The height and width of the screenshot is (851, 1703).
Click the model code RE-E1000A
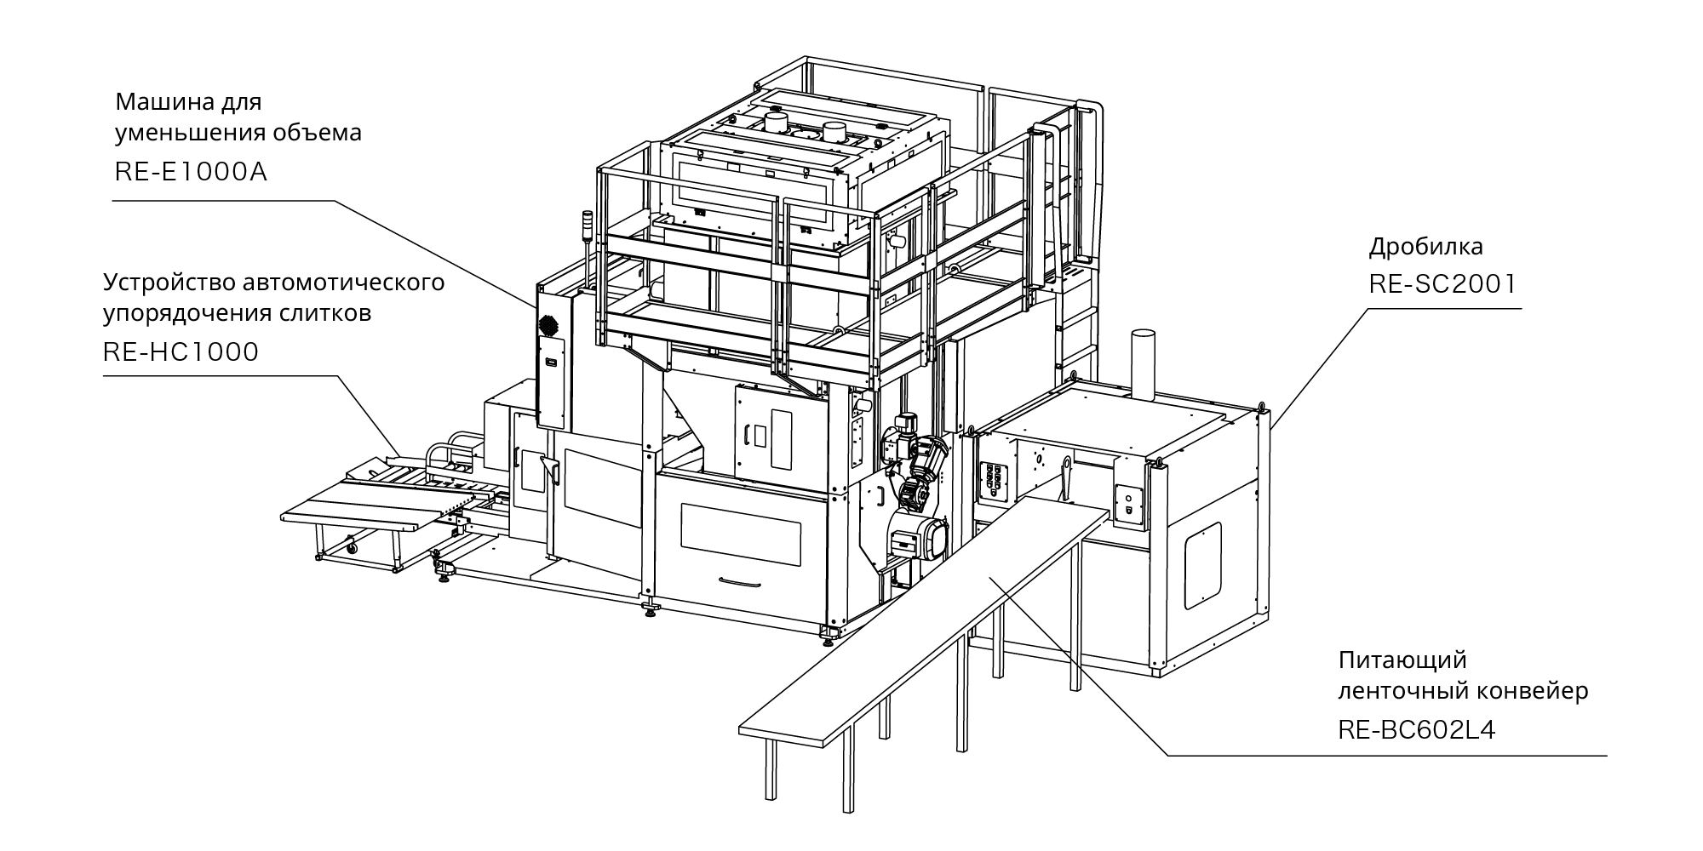(191, 173)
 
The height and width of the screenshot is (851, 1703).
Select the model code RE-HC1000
(181, 352)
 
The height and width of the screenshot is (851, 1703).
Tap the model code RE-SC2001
(1442, 284)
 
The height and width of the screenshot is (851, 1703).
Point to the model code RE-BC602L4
(1417, 730)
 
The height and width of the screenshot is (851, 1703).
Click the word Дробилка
(1425, 248)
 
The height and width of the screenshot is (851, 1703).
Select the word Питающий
(1390, 660)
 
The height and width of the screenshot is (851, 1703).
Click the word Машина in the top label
(157, 103)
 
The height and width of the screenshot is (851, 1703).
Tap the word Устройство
(167, 283)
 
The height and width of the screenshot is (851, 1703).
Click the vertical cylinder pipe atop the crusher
(1143, 363)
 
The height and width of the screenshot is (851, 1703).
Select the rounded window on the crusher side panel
(1202, 566)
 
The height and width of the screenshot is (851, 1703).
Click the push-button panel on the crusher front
(994, 484)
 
